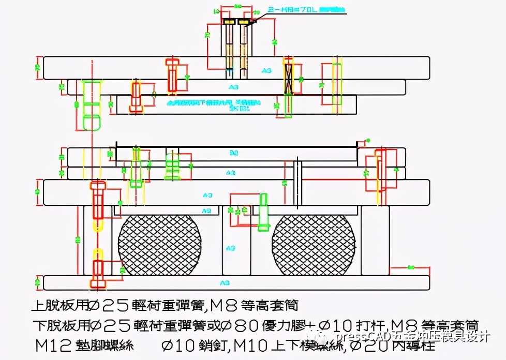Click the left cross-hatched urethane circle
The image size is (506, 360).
coord(159,245)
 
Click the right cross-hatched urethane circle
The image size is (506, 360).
coord(314,245)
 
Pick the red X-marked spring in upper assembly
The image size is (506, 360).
coord(289,77)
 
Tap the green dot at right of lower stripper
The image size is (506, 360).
coord(368,140)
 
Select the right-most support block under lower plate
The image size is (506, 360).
coord(375,240)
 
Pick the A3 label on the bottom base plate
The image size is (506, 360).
coord(225,283)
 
